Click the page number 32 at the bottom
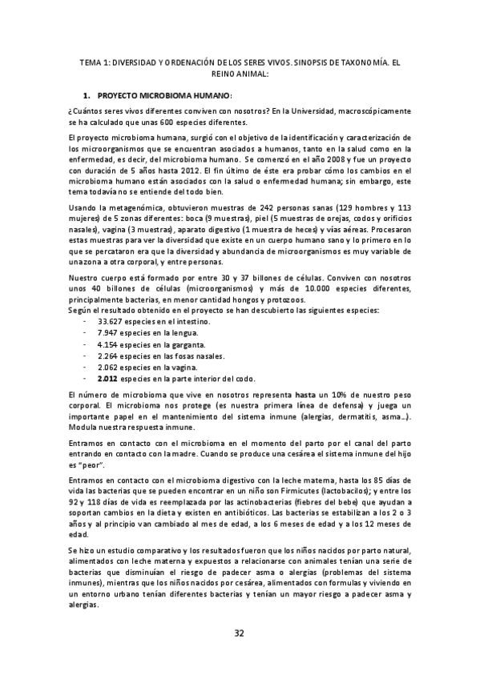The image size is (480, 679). click(x=239, y=634)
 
